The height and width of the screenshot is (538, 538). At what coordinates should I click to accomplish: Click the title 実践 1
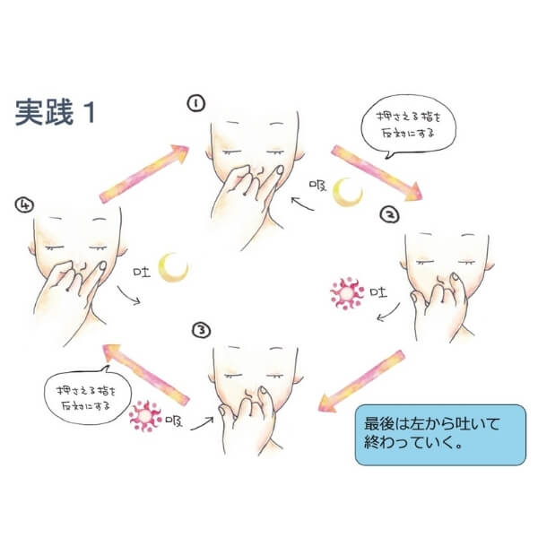coord(55,112)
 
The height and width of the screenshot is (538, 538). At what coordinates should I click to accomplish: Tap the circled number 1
coord(195,103)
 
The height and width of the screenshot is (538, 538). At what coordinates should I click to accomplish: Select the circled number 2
coord(389,214)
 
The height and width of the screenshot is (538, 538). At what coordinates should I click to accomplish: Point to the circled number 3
coord(202,330)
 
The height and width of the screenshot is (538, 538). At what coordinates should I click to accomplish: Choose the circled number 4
coord(24,204)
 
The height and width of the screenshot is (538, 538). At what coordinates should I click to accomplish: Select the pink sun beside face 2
coord(347,293)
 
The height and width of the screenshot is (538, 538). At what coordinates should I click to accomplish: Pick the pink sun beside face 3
coord(145,415)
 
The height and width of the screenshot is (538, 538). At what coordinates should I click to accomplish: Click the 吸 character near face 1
coord(317,186)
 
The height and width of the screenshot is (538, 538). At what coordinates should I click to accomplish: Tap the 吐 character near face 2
coord(378,292)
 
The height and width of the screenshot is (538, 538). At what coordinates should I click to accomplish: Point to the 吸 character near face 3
coord(174,421)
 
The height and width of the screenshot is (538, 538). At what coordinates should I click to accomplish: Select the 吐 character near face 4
coord(142,272)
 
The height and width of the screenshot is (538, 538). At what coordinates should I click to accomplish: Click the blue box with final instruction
coord(440,435)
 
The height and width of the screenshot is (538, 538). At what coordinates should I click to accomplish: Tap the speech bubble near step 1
coord(408,126)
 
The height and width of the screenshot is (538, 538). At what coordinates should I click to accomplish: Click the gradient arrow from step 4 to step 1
coord(144,174)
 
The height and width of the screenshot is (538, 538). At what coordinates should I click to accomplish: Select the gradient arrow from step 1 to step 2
coord(377,172)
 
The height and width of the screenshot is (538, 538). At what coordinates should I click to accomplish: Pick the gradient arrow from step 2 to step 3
coord(361,381)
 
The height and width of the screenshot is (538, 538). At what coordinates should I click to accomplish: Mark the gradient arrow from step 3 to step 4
coord(146,375)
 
